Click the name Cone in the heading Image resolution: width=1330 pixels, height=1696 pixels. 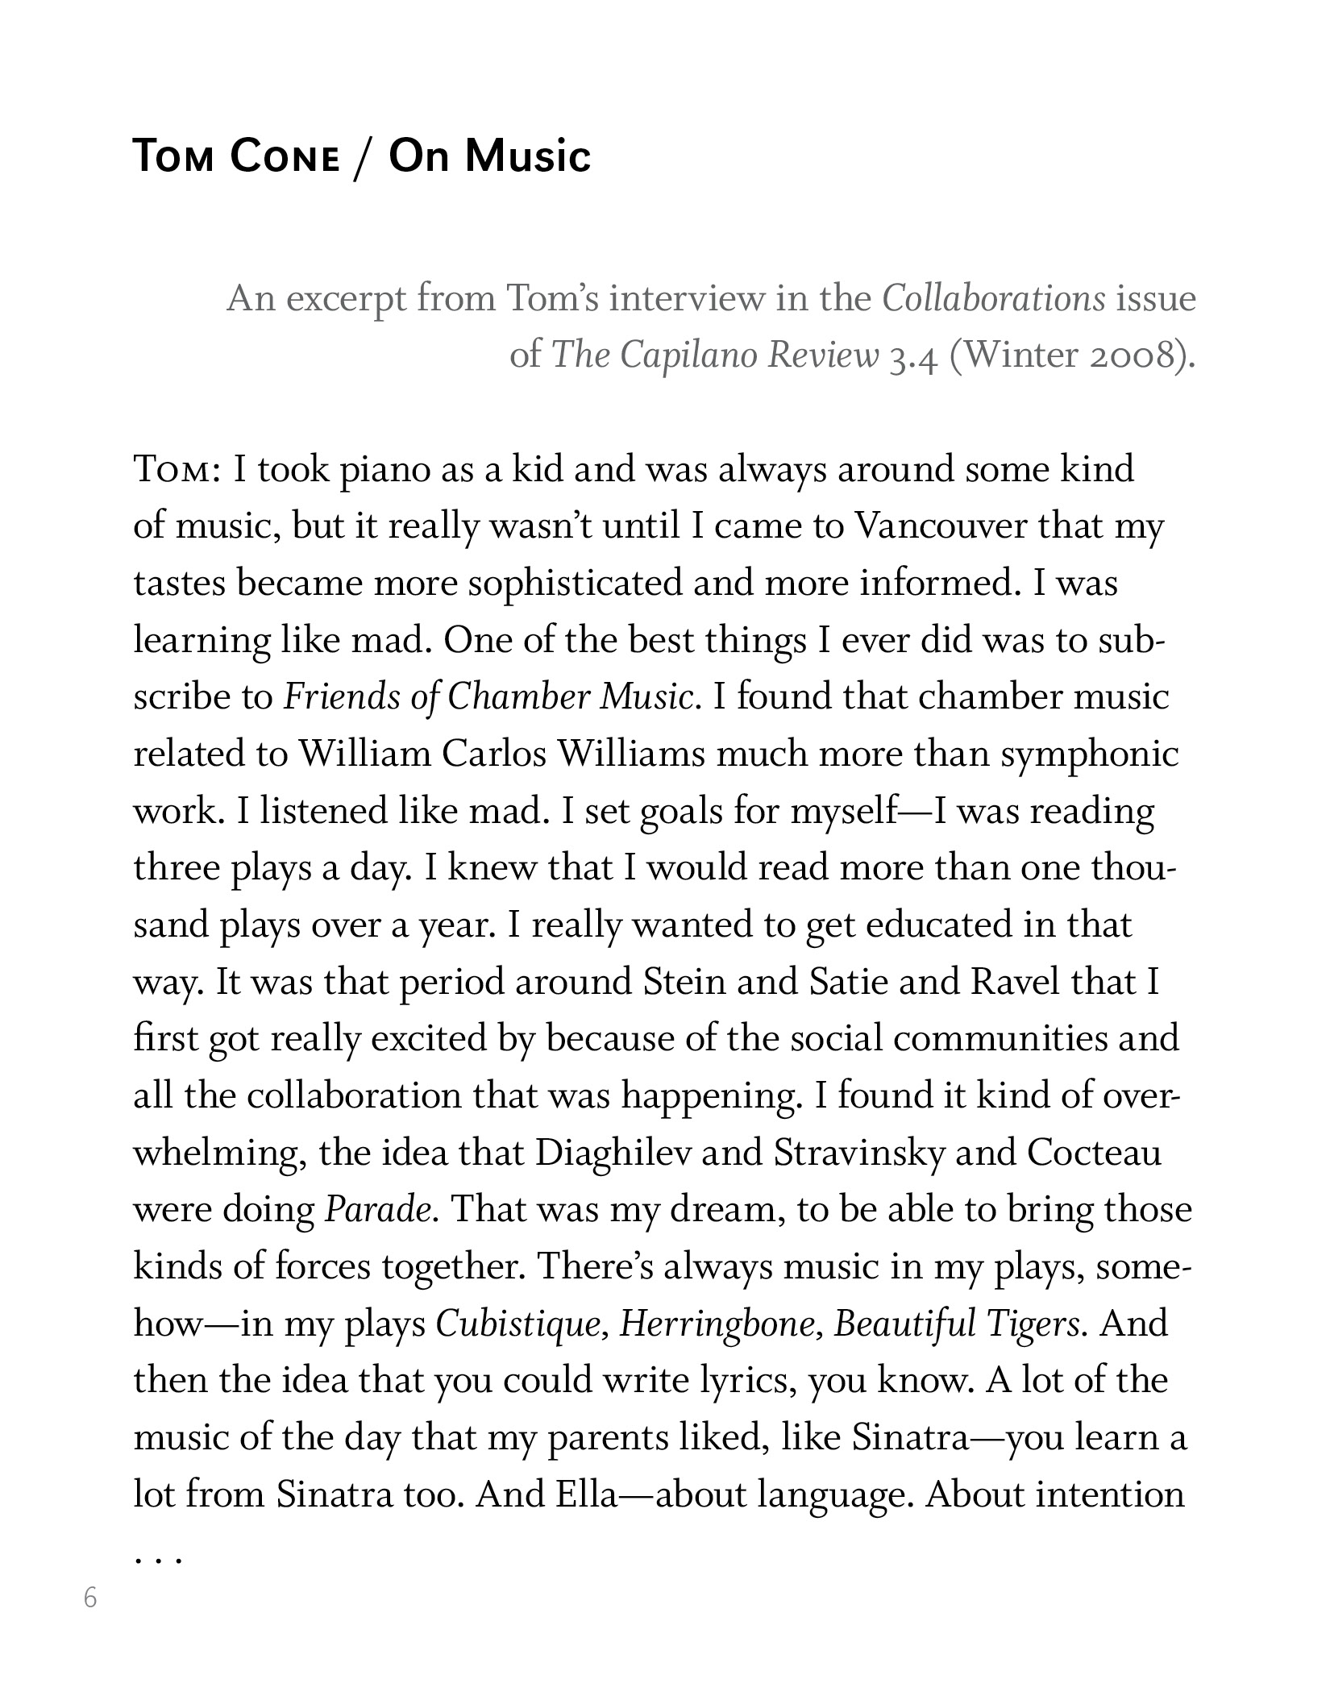(284, 156)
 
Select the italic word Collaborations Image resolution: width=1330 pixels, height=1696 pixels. (993, 299)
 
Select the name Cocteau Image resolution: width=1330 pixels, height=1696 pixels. (1094, 1154)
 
